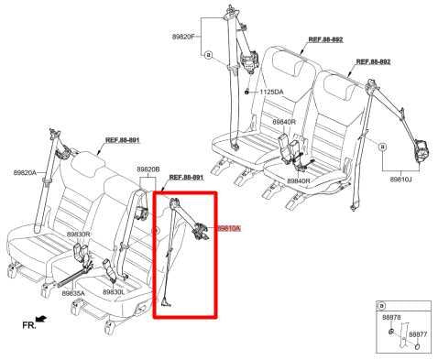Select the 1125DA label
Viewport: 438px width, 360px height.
tap(271, 92)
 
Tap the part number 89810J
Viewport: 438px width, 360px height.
tap(401, 180)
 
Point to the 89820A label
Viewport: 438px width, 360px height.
tap(26, 172)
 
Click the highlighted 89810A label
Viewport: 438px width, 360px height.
tap(228, 227)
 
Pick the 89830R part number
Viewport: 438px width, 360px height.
tap(78, 235)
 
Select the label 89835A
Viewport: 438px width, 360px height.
tap(73, 293)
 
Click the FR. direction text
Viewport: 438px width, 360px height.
tap(29, 324)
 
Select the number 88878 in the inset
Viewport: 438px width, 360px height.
tap(391, 317)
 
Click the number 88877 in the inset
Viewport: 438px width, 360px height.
tap(417, 334)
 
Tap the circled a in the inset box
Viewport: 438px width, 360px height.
tap(382, 305)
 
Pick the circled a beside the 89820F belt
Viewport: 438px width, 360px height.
tap(208, 55)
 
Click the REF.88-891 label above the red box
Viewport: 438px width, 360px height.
tap(187, 177)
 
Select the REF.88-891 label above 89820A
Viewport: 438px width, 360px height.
tap(122, 139)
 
